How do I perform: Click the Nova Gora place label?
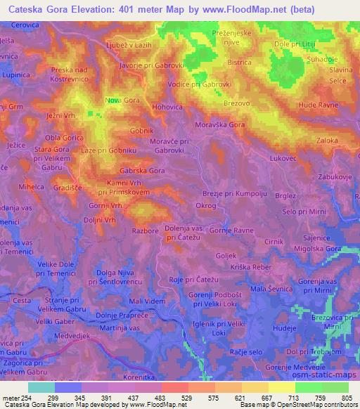[121, 100]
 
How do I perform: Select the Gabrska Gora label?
[142, 170]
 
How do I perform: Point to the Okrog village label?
[206, 205]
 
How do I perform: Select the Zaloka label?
[327, 141]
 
